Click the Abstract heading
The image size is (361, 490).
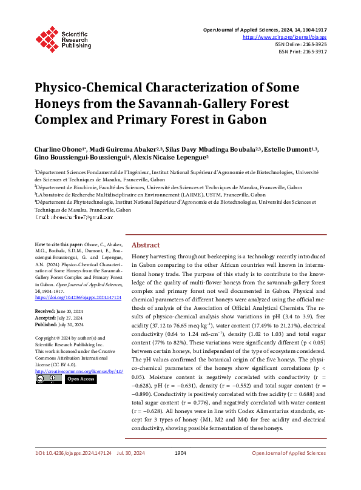pyautogui.click(x=146, y=245)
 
